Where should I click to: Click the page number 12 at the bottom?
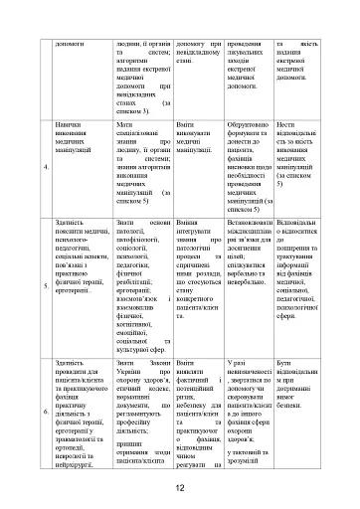tap(180, 487)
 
